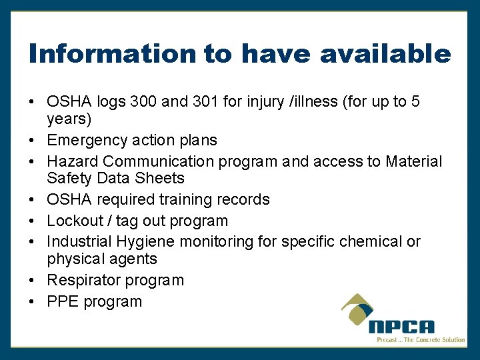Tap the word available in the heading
point(385,53)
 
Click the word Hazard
point(73,161)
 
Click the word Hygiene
point(147,241)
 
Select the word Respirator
point(85,280)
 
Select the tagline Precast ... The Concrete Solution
point(420,340)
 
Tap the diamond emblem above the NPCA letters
point(363,310)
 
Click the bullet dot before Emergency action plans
point(31,141)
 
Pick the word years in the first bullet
point(69,119)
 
